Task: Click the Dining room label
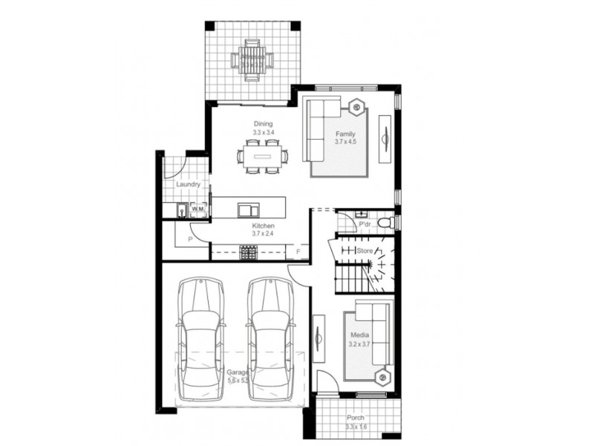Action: (264, 124)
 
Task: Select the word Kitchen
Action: (264, 225)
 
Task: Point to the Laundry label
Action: (188, 184)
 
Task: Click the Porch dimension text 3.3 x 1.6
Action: (356, 427)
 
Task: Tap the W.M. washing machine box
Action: (198, 210)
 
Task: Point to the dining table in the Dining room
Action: (264, 157)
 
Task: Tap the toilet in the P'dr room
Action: (385, 222)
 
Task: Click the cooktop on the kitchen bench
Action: (247, 253)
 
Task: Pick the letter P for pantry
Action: (190, 239)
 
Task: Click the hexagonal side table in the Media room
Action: (383, 377)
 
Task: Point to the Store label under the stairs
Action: (365, 251)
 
